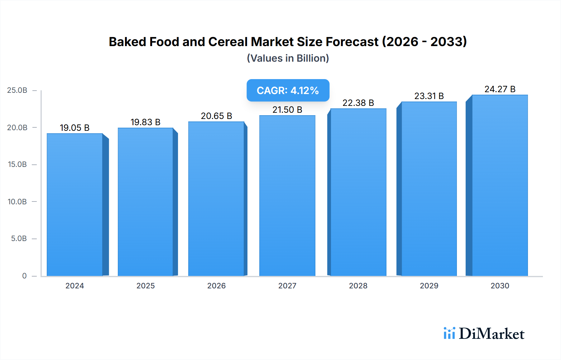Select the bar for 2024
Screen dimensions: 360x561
point(75,205)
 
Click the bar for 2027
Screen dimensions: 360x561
point(287,196)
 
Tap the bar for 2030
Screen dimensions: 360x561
point(500,185)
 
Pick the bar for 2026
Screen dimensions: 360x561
point(216,199)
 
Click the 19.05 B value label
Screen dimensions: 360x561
point(75,128)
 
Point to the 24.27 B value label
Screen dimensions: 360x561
point(500,89)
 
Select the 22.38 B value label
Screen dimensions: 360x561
point(358,103)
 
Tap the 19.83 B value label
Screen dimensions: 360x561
point(146,122)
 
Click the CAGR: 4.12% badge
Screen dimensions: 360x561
point(288,90)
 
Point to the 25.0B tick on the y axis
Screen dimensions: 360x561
point(17,90)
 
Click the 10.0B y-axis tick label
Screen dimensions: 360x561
point(17,201)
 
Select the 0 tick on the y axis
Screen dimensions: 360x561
point(24,276)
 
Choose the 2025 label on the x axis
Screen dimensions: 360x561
point(146,286)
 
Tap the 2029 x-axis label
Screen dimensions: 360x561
point(429,286)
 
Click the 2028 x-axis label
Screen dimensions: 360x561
point(358,286)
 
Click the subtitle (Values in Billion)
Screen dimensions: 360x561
point(288,58)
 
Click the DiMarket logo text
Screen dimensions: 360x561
point(491,334)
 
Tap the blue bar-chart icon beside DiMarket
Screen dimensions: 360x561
point(449,333)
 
